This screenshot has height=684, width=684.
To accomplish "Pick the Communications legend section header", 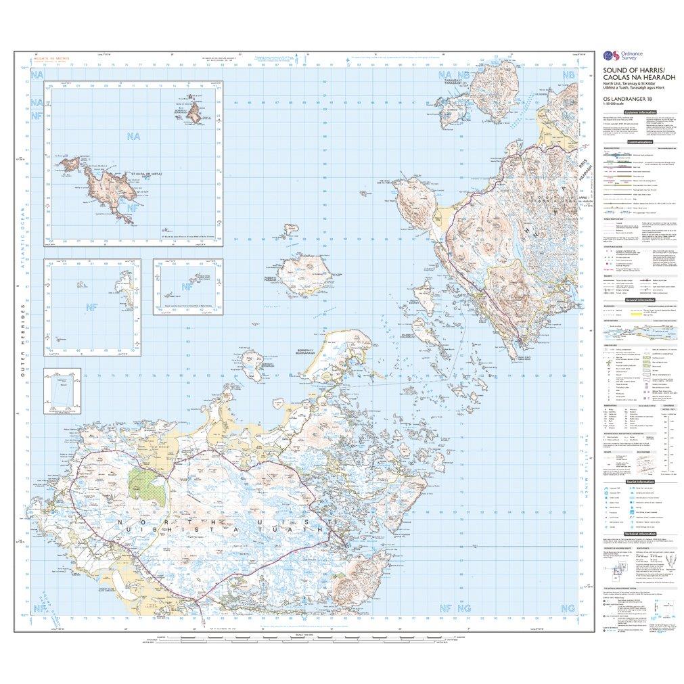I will tap(640, 143).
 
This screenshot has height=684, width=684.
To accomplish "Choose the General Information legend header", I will tap(640, 299).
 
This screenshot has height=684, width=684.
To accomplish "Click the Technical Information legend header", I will tap(640, 534).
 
